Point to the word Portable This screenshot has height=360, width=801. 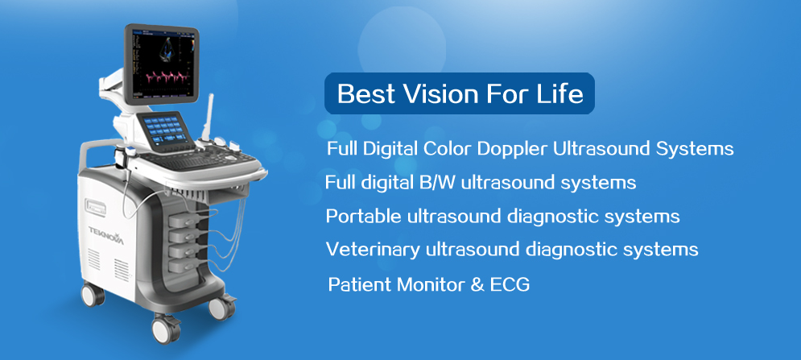click(x=364, y=217)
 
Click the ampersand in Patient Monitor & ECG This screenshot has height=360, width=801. click(x=477, y=284)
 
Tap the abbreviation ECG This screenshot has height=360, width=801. click(x=510, y=284)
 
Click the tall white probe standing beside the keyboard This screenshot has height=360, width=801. click(x=209, y=118)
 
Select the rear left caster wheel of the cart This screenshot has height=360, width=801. click(x=93, y=295)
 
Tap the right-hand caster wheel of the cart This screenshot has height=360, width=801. click(x=221, y=307)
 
